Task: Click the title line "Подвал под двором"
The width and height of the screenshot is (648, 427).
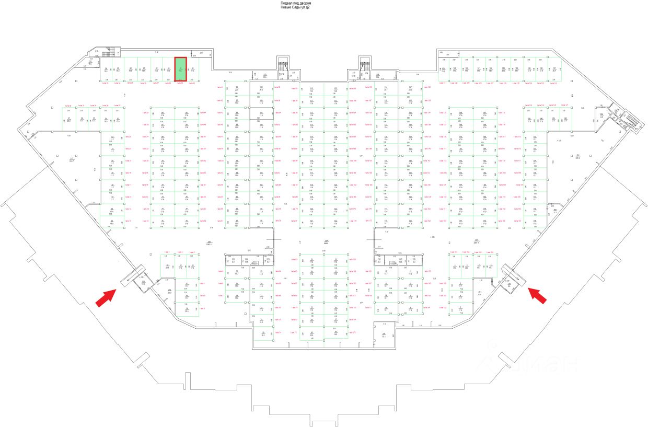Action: [295, 3]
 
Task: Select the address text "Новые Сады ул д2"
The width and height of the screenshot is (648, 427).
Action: [295, 8]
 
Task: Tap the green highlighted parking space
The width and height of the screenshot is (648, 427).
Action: [180, 69]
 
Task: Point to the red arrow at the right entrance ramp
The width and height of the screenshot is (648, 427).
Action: [538, 295]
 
